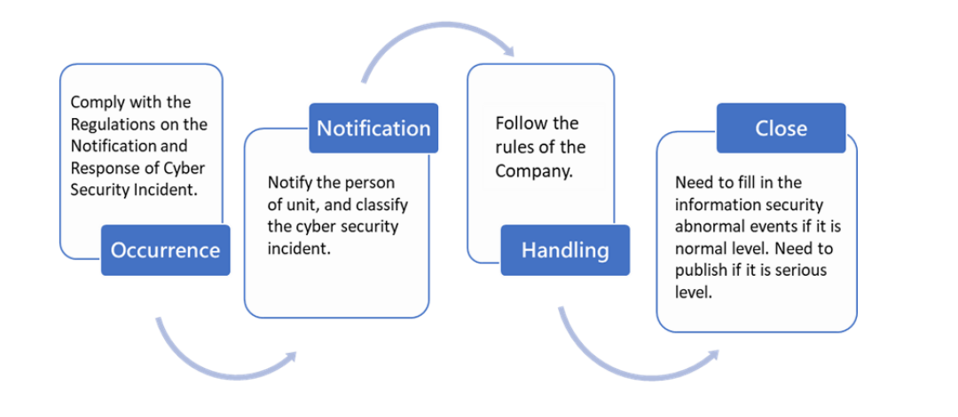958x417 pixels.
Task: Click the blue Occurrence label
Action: (166, 250)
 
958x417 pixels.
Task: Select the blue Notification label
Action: (373, 128)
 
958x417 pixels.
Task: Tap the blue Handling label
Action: (565, 250)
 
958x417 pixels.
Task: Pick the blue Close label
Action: (781, 128)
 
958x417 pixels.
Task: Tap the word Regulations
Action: (110, 124)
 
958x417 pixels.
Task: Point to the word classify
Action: (384, 204)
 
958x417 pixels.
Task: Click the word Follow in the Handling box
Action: (518, 123)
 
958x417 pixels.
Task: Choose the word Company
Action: (533, 171)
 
